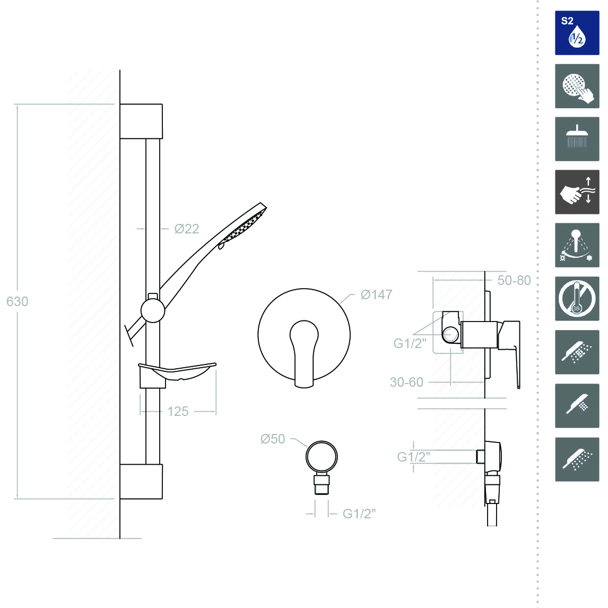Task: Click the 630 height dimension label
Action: [x=17, y=301]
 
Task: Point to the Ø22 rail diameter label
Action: [x=186, y=229]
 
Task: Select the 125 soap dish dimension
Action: [x=178, y=411]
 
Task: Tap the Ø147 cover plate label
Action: [x=376, y=294]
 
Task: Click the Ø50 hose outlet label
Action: [x=273, y=439]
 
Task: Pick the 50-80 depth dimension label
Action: [x=514, y=280]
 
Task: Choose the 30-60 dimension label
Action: [x=406, y=382]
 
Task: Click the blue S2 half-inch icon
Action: [x=577, y=33]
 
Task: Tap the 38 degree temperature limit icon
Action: [x=577, y=299]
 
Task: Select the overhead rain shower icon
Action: [x=577, y=139]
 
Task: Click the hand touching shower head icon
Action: [x=577, y=86]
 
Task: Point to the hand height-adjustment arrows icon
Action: [x=577, y=192]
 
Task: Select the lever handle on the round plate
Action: [x=303, y=353]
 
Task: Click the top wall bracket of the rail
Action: [x=141, y=121]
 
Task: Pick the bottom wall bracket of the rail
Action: [x=141, y=481]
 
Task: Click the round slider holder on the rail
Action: [x=152, y=310]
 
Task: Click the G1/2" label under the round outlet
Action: [x=359, y=514]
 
